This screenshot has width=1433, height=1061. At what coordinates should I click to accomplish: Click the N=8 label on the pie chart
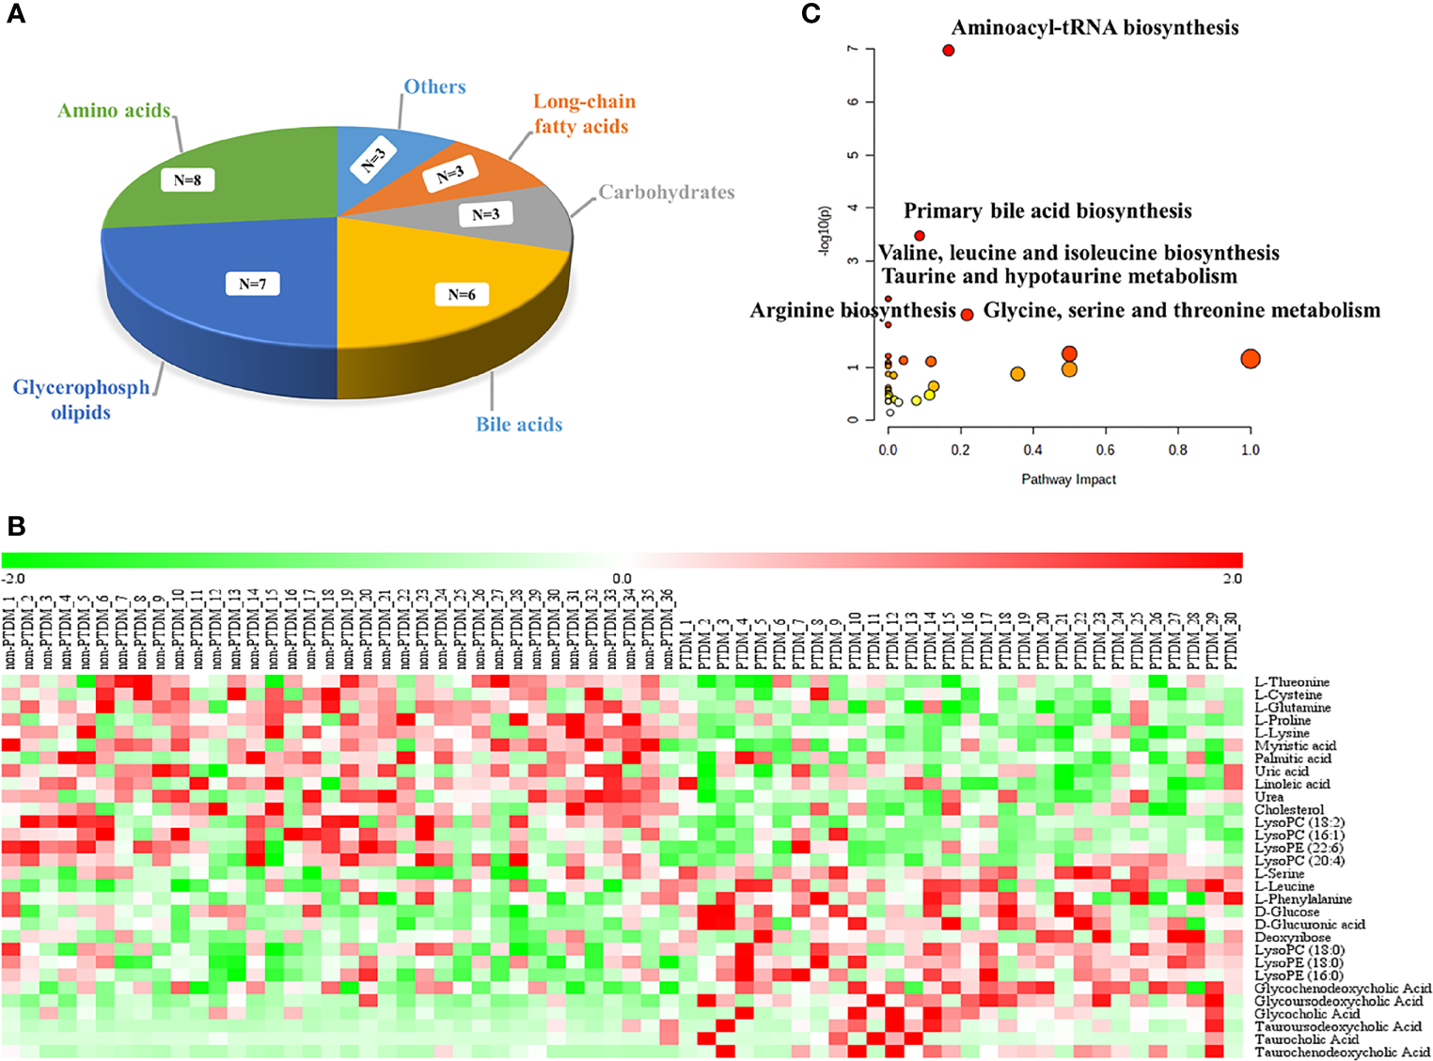point(187,179)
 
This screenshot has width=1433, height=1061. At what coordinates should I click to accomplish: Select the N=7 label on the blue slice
point(252,283)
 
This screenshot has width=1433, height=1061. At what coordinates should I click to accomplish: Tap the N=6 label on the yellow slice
point(462,294)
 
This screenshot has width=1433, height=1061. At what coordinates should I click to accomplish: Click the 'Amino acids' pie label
point(114,111)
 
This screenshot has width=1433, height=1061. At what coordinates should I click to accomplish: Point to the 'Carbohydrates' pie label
point(667,193)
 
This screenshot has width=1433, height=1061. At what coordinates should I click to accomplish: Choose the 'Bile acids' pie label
point(519,425)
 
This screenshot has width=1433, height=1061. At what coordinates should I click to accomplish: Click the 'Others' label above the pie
point(434,86)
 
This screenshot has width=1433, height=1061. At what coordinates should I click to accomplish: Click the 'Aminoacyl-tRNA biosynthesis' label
point(1094,27)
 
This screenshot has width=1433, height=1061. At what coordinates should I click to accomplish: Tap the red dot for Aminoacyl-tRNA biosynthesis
point(948,50)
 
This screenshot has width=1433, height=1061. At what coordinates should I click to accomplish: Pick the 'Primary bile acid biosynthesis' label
point(1047,211)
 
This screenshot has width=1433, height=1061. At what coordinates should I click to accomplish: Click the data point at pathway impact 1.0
point(1250,359)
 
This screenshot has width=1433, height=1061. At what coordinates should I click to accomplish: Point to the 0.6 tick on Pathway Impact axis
point(1105,450)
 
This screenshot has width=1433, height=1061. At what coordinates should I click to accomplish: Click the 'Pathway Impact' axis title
point(1068,479)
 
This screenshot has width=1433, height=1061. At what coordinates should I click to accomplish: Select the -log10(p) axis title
point(826,231)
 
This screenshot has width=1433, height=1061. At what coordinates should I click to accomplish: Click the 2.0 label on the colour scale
point(1232,579)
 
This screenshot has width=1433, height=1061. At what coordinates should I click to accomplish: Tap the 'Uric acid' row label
point(1281,772)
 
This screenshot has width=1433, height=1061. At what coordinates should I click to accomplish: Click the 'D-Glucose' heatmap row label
point(1286,912)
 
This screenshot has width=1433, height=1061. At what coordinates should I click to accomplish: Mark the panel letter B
point(16,526)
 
